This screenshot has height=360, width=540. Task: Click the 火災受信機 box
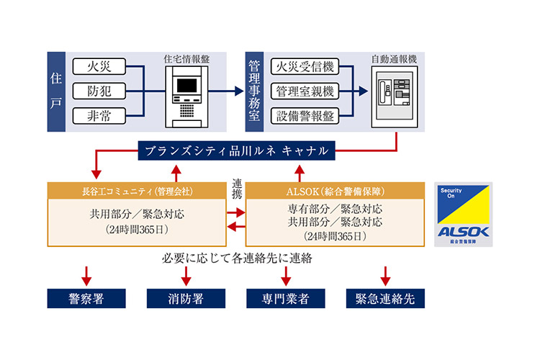point(302,68)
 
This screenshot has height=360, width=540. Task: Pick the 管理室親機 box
point(302,91)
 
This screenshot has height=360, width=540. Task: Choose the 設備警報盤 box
point(302,115)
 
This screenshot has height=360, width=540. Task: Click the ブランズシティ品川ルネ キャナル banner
point(236,151)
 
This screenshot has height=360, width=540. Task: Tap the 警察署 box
point(86,298)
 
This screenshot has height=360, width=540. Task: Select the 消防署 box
point(186,298)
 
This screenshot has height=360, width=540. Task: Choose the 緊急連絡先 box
point(384,298)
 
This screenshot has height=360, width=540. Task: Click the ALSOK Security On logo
point(464,215)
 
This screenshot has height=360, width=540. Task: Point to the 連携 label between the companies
point(237,189)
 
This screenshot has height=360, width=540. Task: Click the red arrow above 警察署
point(86,274)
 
